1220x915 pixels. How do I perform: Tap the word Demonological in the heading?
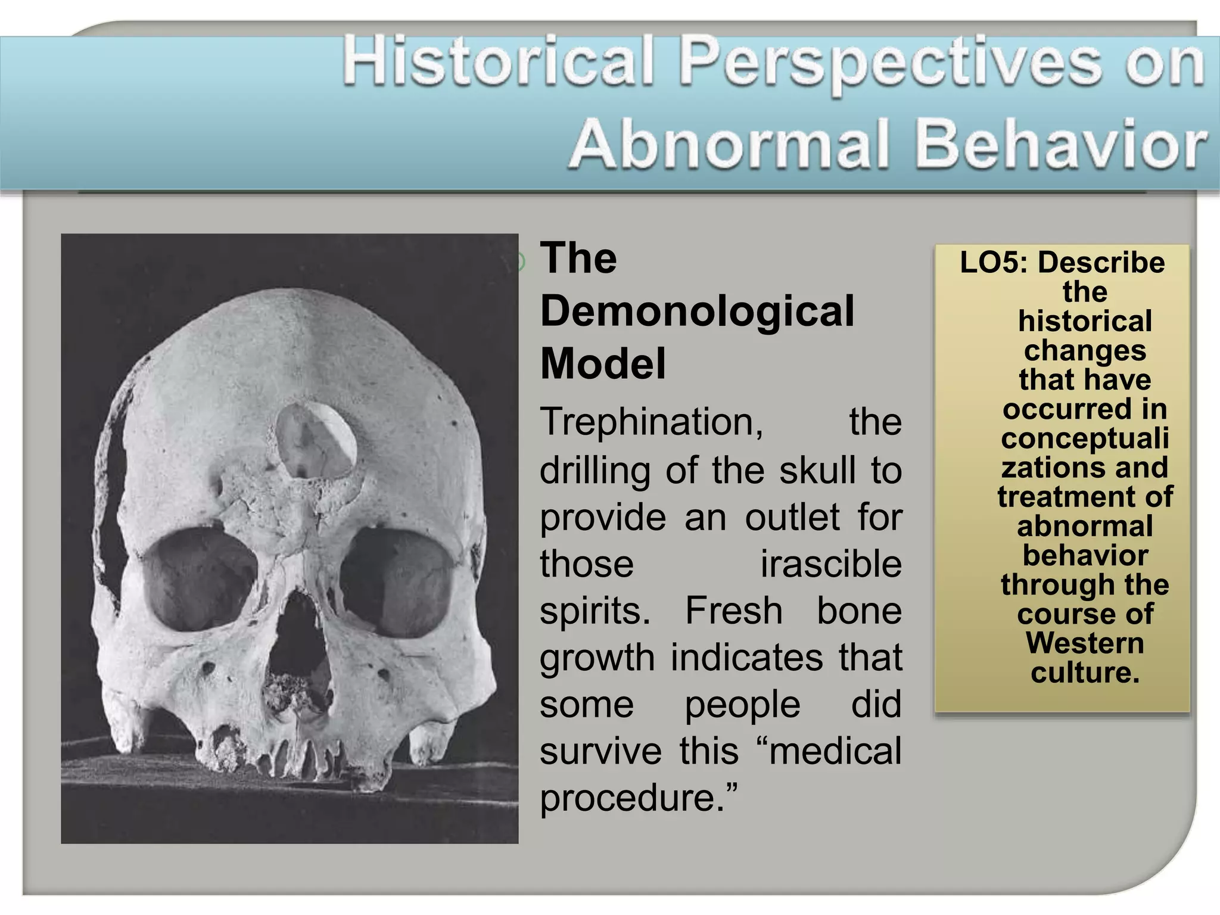pyautogui.click(x=697, y=311)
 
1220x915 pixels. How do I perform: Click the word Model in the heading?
pyautogui.click(x=603, y=363)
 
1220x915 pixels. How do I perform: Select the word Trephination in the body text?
pyautogui.click(x=651, y=422)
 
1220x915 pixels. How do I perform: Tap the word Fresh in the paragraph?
pyautogui.click(x=733, y=611)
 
